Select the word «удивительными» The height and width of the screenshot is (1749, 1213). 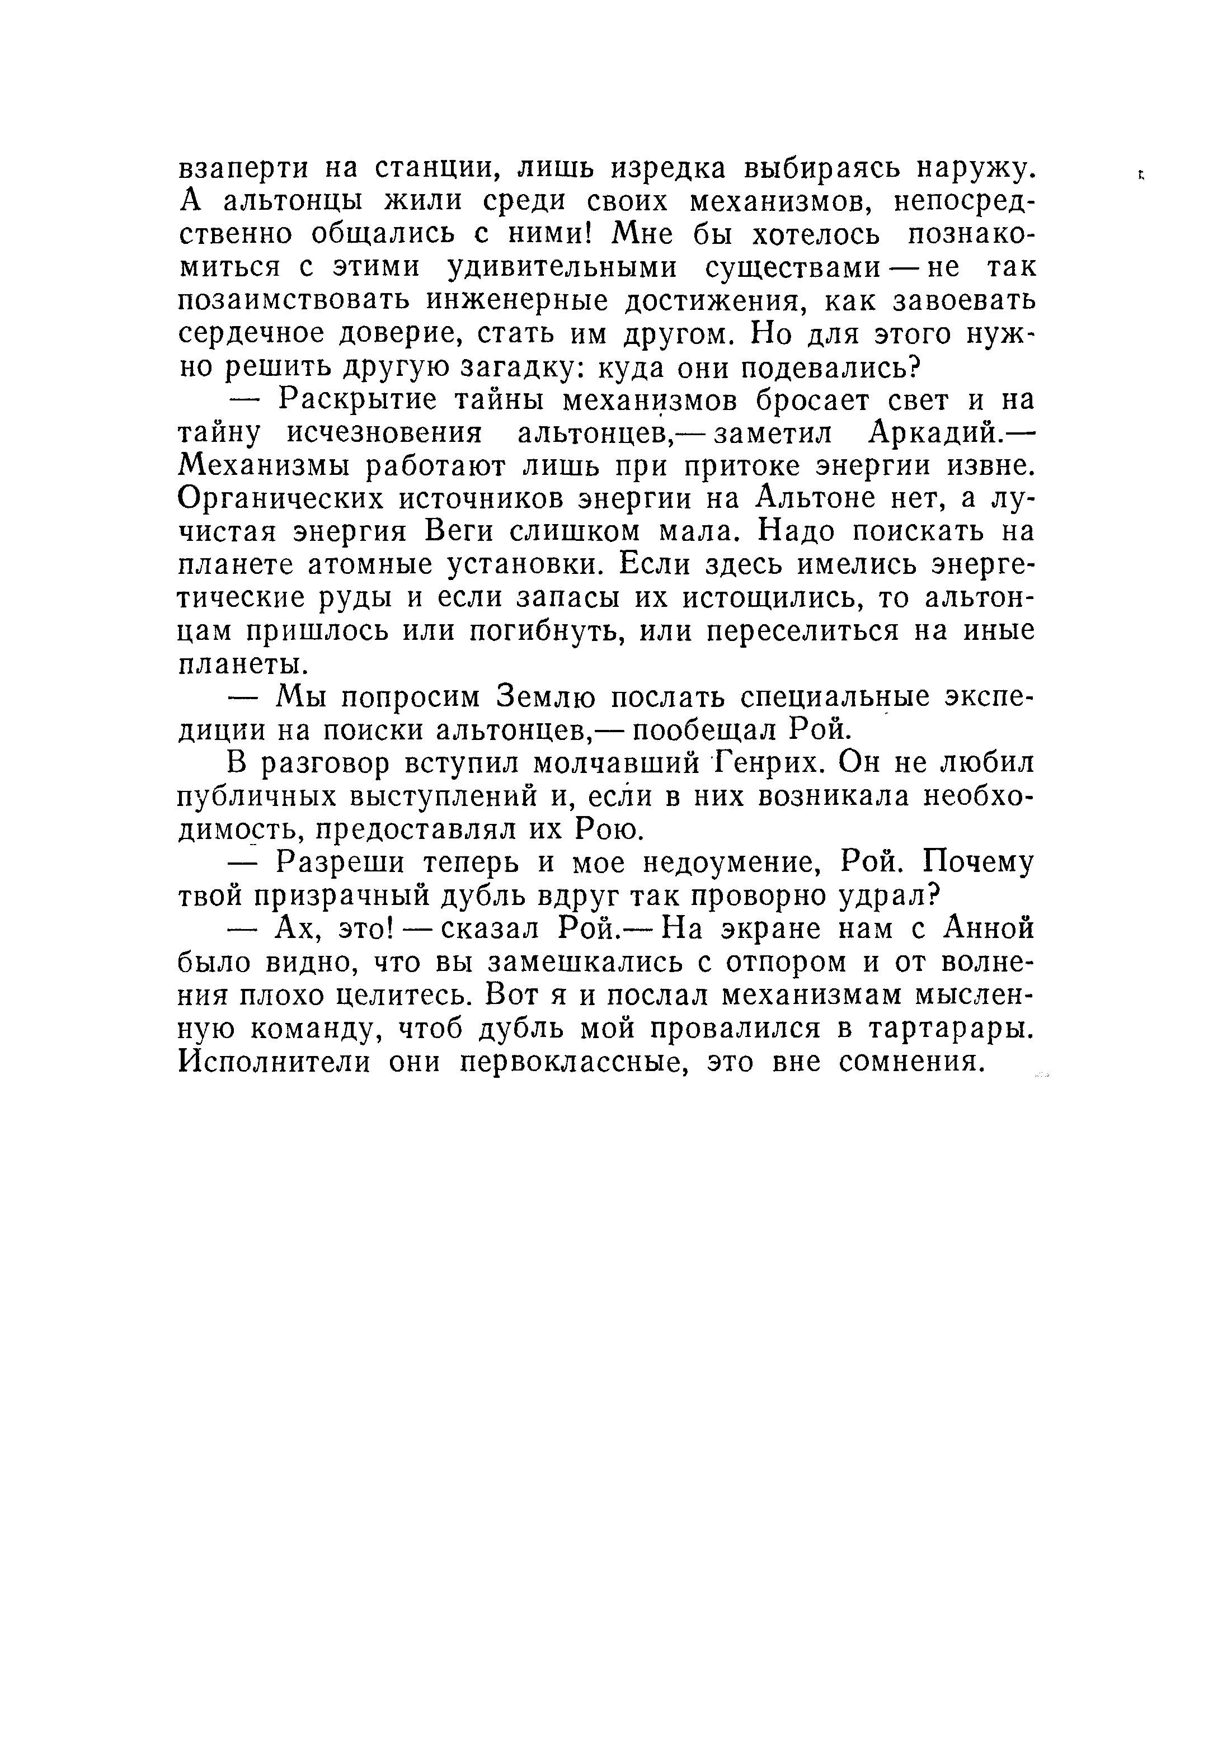560,268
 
